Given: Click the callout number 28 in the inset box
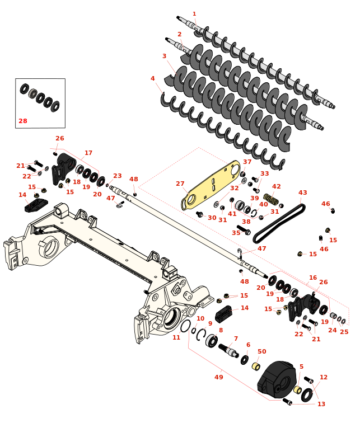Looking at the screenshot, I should pos(22,121).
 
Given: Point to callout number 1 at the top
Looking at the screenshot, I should pos(194,14).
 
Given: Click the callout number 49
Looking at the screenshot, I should pos(219,377).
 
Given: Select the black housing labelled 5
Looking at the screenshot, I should pos(277,380).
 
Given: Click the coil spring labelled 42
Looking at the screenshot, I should pos(271,199).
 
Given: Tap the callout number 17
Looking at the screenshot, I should pos(88,153).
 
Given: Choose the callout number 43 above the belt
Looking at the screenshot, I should pos(303,192).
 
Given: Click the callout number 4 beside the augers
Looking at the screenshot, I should pos(152,79).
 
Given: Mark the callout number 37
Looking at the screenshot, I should pos(247,162).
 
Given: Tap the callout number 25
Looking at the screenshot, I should pos(344,332).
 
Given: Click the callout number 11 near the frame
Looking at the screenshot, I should pos(176,337).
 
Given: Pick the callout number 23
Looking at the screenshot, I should pos(117,176).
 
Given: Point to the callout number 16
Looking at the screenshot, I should pos(313,278).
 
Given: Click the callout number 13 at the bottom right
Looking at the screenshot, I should pos(321,404).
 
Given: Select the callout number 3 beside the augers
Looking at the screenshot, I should pos(164,56).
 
